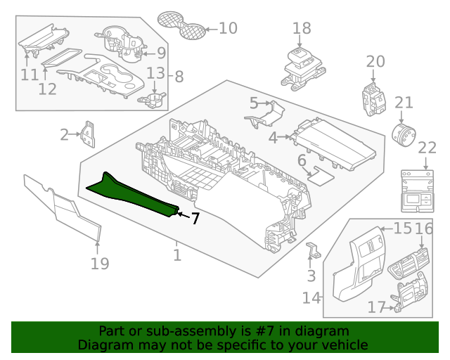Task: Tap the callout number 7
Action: (x=195, y=219)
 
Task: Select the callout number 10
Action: (x=228, y=28)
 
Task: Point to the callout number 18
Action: (x=302, y=28)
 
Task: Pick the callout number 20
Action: (x=375, y=61)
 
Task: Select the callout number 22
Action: (x=427, y=148)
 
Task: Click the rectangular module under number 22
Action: (x=420, y=191)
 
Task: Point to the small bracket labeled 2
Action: (x=88, y=135)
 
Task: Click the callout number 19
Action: (x=100, y=263)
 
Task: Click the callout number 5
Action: (x=254, y=103)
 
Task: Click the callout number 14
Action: (x=311, y=297)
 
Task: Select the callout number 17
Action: (x=377, y=307)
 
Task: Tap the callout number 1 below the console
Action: (x=177, y=255)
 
